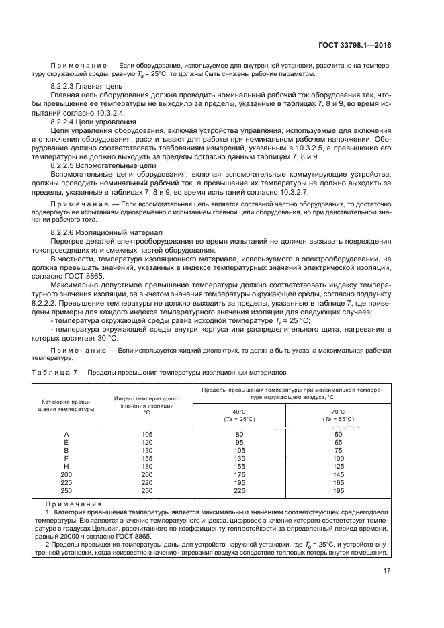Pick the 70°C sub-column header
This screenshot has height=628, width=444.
click(338, 415)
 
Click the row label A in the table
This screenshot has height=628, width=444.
click(66, 435)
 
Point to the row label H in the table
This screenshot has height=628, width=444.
click(66, 465)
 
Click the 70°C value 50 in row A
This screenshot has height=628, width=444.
click(338, 435)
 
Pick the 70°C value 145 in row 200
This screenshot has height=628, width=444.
click(338, 474)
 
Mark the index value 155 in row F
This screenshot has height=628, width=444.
click(147, 458)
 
